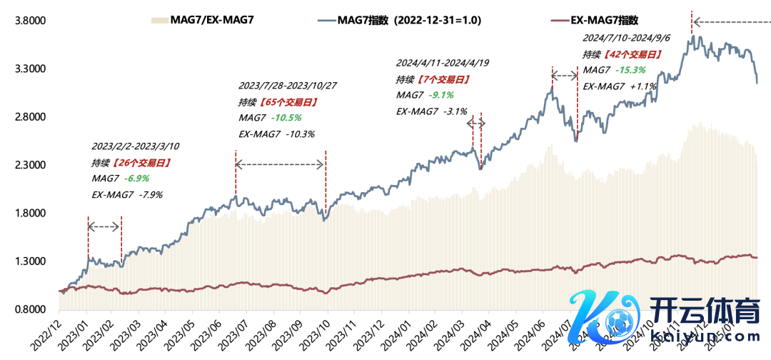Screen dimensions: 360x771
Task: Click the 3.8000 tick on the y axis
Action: pos(31,21)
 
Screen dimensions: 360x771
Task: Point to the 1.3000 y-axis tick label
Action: pos(31,261)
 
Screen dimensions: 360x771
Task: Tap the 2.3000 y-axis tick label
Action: pos(31,165)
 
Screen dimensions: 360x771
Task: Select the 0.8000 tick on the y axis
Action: pos(31,310)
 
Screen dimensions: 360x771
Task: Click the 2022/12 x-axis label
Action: pos(44,334)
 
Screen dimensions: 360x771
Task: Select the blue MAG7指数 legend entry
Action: pos(415,21)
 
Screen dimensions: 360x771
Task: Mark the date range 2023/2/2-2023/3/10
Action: pos(135,146)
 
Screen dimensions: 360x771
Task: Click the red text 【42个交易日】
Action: pos(629,54)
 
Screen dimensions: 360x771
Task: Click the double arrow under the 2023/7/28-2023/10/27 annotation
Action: pos(280,165)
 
